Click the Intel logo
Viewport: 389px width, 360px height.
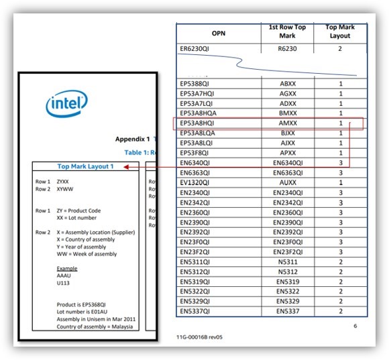coord(66,105)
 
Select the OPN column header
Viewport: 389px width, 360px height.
coord(218,33)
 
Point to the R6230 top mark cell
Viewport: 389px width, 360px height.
coord(286,49)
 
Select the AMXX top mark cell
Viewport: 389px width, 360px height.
coord(286,123)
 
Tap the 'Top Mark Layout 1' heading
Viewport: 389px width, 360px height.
coord(85,166)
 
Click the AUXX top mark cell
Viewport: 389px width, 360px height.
coord(286,182)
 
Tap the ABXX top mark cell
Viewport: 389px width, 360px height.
coord(286,84)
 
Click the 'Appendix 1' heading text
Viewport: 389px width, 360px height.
coord(131,139)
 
